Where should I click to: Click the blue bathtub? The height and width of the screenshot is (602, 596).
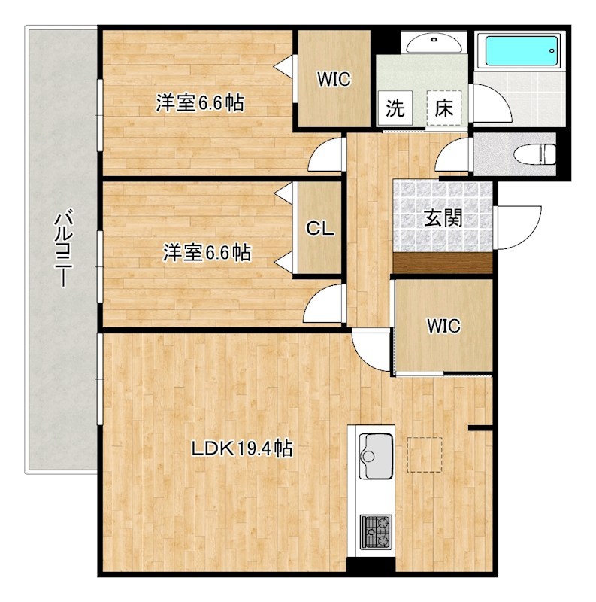coord(521,50)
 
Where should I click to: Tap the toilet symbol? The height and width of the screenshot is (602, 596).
coord(534,155)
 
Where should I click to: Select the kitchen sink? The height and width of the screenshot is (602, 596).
coord(376,456)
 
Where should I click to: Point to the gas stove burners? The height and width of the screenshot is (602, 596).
coord(376,532)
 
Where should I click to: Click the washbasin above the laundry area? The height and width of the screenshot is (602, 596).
coord(434,43)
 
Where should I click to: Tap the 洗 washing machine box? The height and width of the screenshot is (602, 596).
coord(395,108)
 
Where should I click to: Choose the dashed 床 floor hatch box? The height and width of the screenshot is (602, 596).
coord(443,108)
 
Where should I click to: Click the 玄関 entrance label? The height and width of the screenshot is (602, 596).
coord(443,219)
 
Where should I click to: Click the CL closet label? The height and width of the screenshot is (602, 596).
coord(320,230)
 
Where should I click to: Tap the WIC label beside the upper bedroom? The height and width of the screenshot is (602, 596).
coord(334,80)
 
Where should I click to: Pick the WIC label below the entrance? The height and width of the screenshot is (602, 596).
coord(443,326)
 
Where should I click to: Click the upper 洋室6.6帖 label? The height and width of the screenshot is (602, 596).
coord(199,103)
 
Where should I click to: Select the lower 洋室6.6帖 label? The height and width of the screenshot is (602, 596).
coord(207,253)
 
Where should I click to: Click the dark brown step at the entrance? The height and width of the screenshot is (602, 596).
coord(443,263)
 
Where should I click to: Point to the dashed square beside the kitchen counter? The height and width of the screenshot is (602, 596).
coord(425,455)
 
